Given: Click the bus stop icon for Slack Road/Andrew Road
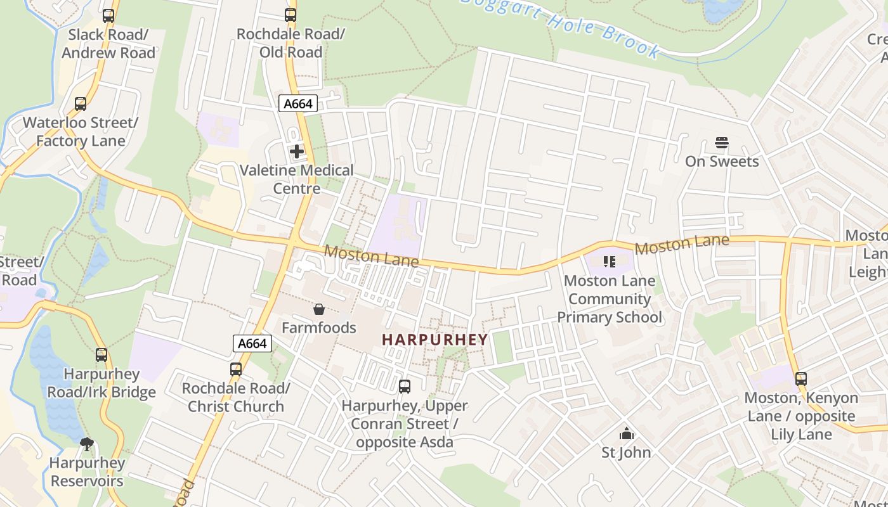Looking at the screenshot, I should pyautogui.click(x=108, y=16).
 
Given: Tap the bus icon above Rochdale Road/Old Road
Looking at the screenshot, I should pyautogui.click(x=291, y=15).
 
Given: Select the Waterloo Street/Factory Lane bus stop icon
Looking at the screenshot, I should pyautogui.click(x=80, y=104).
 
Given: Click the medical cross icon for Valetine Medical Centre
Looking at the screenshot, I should pyautogui.click(x=296, y=151).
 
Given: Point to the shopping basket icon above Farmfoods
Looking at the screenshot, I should pyautogui.click(x=319, y=309).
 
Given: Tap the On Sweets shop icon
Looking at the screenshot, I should pyautogui.click(x=722, y=143).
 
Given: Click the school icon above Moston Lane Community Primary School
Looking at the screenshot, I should pyautogui.click(x=610, y=262).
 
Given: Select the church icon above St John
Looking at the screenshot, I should pyautogui.click(x=627, y=434).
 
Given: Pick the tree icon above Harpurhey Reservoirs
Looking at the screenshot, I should pyautogui.click(x=87, y=444).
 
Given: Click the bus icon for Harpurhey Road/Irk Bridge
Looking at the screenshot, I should pyautogui.click(x=101, y=355).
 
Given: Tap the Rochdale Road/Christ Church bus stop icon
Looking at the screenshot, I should pyautogui.click(x=236, y=369).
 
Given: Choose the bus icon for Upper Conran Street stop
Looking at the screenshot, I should pyautogui.click(x=404, y=386).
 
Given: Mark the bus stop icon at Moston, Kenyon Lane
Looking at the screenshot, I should pyautogui.click(x=801, y=379).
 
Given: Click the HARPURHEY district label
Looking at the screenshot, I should pyautogui.click(x=435, y=339).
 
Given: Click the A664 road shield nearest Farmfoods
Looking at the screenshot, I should pyautogui.click(x=252, y=343).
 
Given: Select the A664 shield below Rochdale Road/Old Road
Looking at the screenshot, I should pyautogui.click(x=297, y=103).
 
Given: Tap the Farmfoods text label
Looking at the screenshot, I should pyautogui.click(x=319, y=328).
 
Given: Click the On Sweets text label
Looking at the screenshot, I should pyautogui.click(x=722, y=162).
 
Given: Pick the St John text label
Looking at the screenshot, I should pyautogui.click(x=626, y=452).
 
